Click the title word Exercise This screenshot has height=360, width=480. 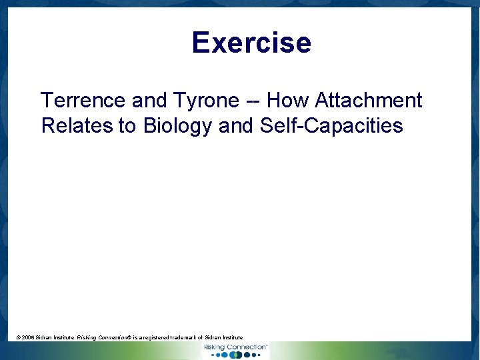251,43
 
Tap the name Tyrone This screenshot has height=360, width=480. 206,101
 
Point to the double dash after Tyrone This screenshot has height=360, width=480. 253,101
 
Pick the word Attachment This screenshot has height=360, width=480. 369,101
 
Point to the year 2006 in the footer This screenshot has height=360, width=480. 29,338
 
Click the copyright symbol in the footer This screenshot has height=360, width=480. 18,338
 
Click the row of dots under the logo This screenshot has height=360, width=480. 235,355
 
